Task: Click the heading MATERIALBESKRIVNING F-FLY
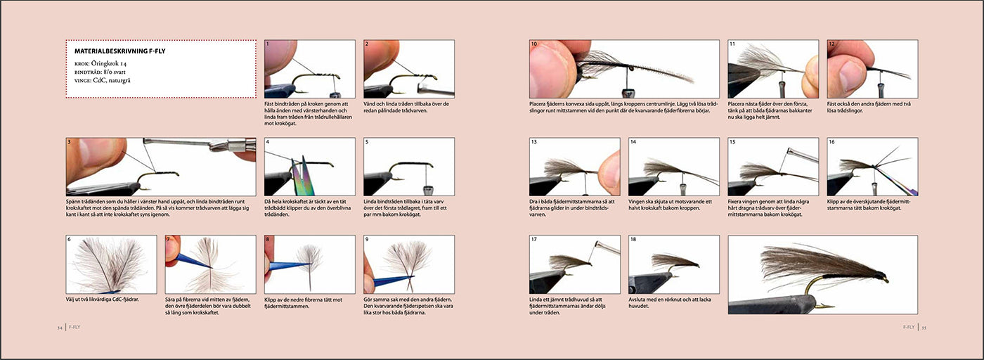119,51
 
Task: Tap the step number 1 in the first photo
268,44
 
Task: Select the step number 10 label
533,44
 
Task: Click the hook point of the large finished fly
830,307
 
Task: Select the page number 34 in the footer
60,328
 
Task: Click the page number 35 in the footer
924,328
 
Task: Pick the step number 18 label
633,240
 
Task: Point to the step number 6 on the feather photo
69,240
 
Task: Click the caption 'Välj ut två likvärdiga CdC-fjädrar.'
103,300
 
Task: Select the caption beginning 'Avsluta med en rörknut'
670,302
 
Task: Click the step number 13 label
533,142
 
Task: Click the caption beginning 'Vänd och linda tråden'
406,108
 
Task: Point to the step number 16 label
831,142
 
